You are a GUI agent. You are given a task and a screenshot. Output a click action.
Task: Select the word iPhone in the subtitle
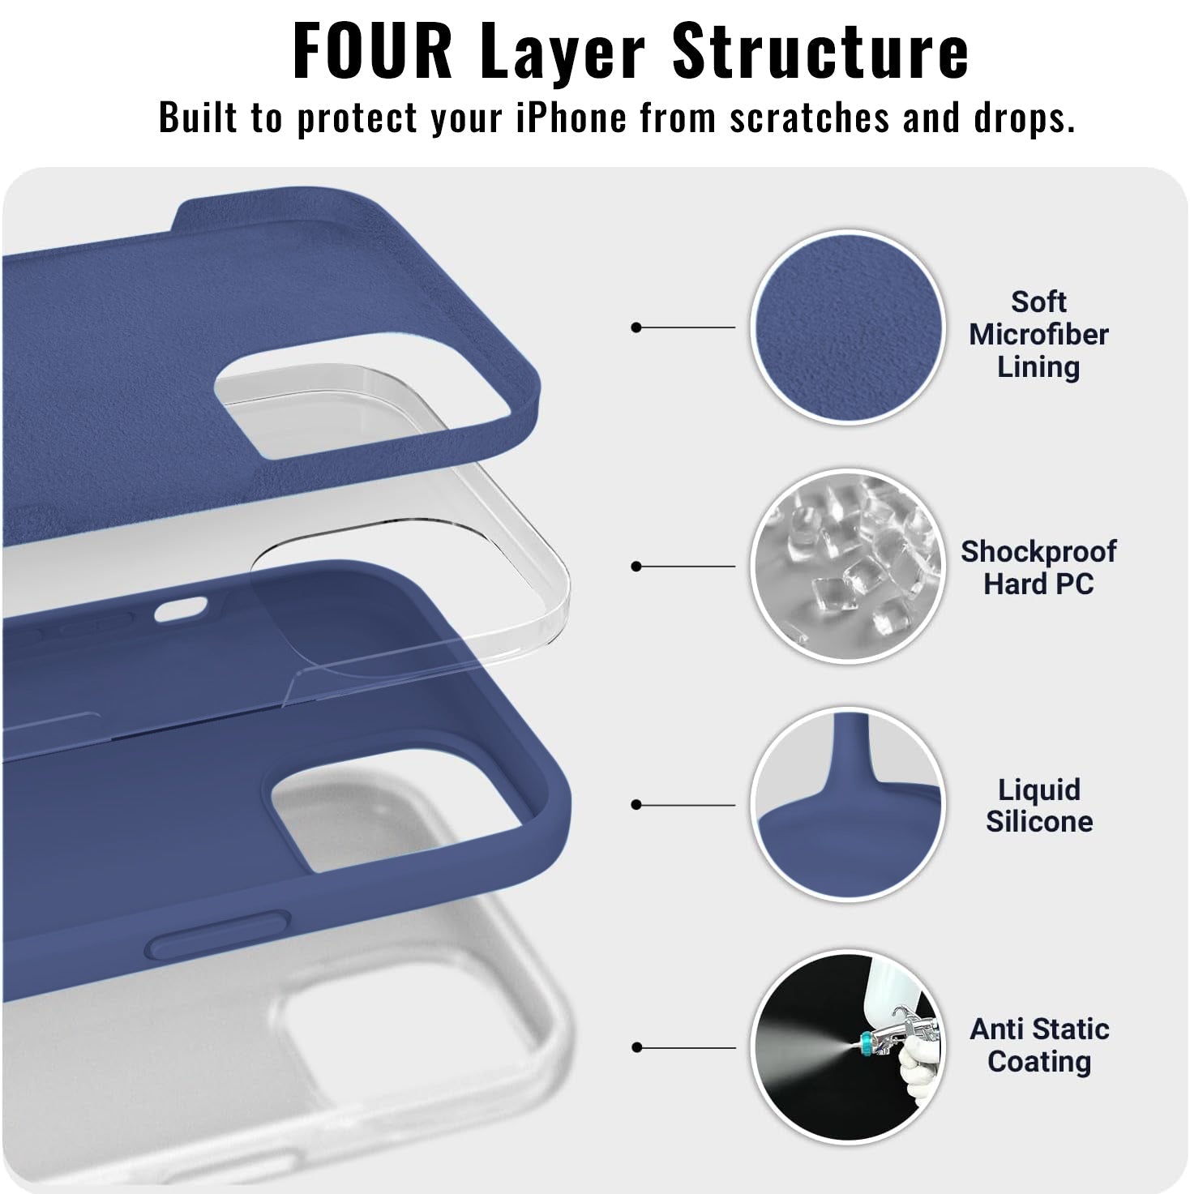click(571, 117)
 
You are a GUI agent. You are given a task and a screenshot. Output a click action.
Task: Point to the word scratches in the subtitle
click(810, 117)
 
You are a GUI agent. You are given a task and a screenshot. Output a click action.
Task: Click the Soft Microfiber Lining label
click(1038, 335)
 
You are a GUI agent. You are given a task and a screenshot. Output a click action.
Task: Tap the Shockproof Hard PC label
click(1038, 567)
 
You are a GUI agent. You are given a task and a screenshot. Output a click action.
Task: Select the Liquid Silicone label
click(1038, 806)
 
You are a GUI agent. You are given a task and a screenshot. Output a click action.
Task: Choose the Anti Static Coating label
click(1038, 1046)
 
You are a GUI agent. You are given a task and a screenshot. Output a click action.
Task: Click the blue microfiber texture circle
click(848, 327)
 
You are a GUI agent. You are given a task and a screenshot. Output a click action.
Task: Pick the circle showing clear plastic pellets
click(848, 566)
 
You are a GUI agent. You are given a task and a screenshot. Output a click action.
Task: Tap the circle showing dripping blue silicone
click(848, 804)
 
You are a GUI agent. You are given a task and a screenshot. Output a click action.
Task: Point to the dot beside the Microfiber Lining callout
click(636, 327)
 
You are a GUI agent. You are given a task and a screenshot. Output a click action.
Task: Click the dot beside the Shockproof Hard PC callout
click(636, 567)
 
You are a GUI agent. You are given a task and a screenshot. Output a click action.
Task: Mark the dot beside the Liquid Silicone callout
click(636, 805)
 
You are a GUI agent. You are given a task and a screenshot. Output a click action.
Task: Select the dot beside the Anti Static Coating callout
click(636, 1047)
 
